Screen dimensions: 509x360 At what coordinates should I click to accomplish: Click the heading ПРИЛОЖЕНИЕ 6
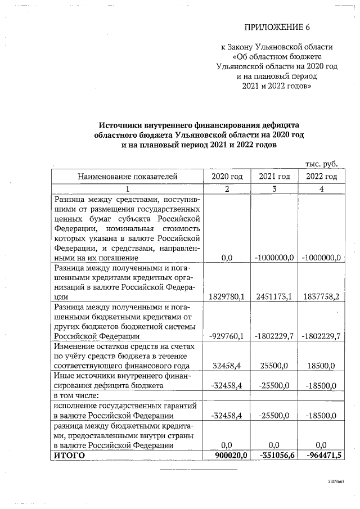277,27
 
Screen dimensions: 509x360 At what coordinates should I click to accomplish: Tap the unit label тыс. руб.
321,164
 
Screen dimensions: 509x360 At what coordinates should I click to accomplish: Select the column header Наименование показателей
127,177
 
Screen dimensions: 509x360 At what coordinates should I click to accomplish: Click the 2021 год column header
274,177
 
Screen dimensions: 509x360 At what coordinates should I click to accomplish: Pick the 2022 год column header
321,177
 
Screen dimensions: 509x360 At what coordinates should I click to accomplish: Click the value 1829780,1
226,296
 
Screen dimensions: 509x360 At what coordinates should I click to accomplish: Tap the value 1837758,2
321,296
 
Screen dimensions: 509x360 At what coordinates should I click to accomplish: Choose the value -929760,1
226,336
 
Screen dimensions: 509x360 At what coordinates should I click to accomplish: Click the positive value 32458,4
227,366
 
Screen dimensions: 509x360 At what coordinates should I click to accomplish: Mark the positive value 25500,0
274,366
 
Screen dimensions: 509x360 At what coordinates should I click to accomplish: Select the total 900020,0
227,455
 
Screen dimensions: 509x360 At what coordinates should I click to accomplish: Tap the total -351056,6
273,455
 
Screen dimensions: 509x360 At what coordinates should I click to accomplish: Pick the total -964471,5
321,455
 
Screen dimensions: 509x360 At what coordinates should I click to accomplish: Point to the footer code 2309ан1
336,483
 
